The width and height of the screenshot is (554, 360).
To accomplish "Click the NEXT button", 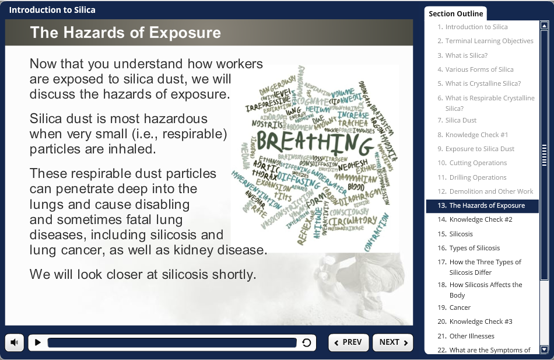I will click(x=393, y=342).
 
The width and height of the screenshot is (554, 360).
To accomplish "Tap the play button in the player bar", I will click(x=38, y=342).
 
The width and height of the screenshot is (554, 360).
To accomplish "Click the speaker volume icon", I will click(x=15, y=342).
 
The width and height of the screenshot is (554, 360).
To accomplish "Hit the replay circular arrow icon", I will click(x=307, y=342).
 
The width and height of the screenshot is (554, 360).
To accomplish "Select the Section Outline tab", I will click(x=455, y=13).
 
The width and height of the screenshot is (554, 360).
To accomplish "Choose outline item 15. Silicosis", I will click(x=461, y=234).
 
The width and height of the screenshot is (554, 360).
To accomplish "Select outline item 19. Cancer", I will click(x=460, y=307).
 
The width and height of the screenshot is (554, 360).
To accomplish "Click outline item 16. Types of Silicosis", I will click(x=474, y=248).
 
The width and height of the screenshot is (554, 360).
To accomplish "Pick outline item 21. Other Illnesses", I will click(x=471, y=336).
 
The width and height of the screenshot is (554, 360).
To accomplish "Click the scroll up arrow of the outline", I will click(x=545, y=26).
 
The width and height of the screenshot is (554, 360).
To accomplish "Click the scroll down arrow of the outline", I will click(x=545, y=349).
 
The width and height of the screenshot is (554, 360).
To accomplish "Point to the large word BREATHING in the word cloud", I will click(x=314, y=142).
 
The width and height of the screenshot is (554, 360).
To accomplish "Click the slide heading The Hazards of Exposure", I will click(x=125, y=33).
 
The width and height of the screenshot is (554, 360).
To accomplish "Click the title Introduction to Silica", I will click(x=52, y=10).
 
